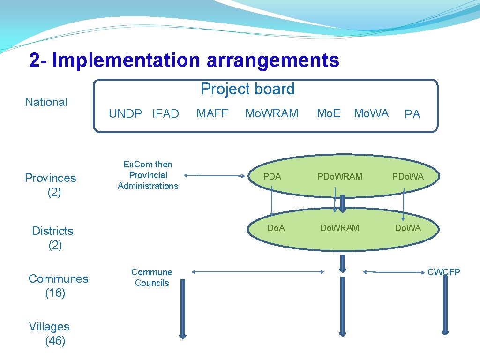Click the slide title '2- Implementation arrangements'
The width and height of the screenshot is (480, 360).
[184, 60]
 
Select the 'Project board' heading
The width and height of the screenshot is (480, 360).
[247, 89]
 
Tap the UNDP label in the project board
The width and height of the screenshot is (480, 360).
[125, 114]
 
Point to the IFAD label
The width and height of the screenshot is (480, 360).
[165, 114]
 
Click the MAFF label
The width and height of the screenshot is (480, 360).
[212, 113]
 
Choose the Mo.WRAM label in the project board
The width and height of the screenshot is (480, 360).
[272, 113]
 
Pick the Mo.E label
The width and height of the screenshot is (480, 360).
[329, 113]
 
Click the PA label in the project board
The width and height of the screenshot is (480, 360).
[412, 114]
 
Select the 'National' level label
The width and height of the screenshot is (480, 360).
[46, 102]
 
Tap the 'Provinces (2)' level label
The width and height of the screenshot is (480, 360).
[51, 185]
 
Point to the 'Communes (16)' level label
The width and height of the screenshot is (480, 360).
[58, 285]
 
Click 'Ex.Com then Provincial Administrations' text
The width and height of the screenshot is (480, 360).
[148, 175]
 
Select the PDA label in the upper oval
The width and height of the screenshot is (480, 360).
[272, 176]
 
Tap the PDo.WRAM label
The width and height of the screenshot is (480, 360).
[340, 176]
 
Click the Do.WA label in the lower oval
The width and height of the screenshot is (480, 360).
[408, 228]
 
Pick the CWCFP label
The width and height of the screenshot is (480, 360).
[443, 272]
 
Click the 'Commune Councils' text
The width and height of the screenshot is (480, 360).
[151, 277]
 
